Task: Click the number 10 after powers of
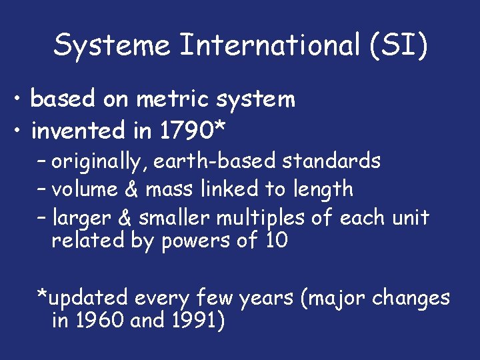[276, 240]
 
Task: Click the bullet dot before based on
[21, 99]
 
